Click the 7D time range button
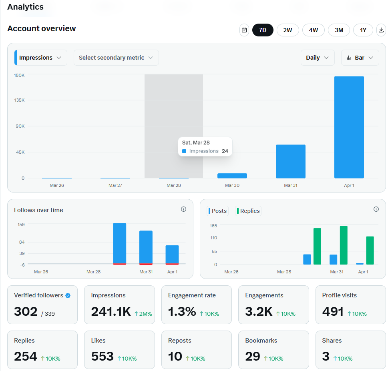point(263,30)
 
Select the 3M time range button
point(339,30)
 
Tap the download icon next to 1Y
point(381,30)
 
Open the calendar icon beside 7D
point(244,30)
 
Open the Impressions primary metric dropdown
point(40,58)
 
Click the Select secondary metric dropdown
point(116,58)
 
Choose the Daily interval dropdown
point(318,58)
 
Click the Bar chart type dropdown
point(360,58)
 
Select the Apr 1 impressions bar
point(349,127)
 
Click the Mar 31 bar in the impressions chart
point(290,161)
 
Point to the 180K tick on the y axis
point(20,75)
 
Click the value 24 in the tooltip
point(225,151)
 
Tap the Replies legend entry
point(248,211)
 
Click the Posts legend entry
point(217,211)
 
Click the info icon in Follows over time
point(183,209)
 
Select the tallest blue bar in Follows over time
point(120,243)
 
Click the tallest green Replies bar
point(344,245)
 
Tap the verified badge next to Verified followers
point(68,295)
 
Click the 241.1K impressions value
point(111,311)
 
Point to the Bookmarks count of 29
point(253,356)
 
